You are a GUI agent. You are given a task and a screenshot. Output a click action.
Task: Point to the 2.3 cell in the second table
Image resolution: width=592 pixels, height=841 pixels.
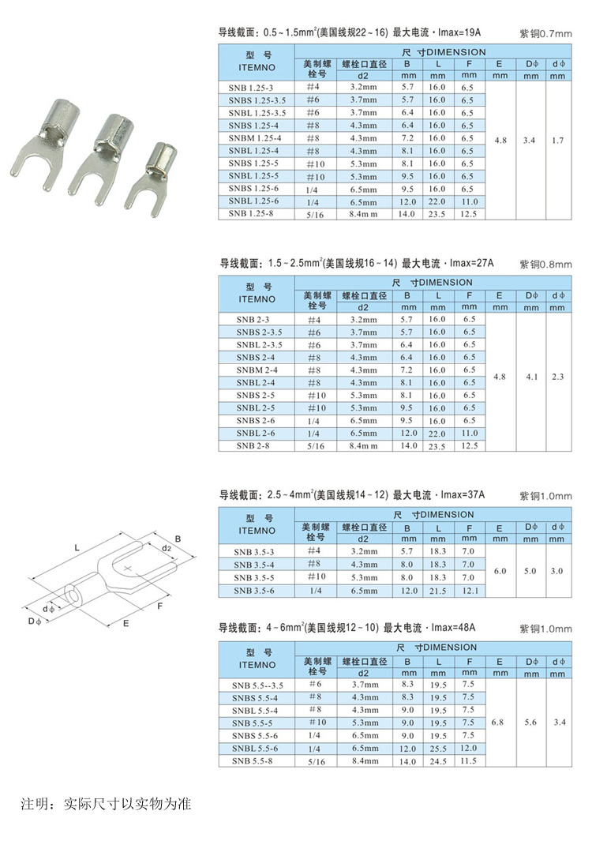click(558, 377)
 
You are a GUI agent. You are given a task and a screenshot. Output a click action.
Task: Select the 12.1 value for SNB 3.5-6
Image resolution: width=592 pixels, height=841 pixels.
click(469, 591)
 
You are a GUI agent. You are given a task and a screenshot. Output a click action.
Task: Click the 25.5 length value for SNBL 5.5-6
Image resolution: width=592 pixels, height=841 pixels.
click(438, 748)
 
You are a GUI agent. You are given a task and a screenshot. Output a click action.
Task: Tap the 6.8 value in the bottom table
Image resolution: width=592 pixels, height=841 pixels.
click(497, 722)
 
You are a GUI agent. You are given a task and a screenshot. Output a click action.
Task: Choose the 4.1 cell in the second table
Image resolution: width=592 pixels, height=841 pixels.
click(530, 377)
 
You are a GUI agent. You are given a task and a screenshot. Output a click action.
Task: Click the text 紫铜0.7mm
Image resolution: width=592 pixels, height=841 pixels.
click(545, 34)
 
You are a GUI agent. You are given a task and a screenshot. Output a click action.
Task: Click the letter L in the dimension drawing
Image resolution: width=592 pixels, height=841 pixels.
click(77, 546)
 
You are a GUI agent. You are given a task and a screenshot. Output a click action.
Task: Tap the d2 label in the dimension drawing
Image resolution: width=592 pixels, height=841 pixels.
click(166, 547)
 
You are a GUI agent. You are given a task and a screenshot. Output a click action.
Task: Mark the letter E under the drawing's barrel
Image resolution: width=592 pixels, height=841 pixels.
click(126, 624)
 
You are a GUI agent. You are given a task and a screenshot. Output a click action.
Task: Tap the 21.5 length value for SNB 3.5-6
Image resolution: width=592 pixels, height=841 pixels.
click(438, 591)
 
